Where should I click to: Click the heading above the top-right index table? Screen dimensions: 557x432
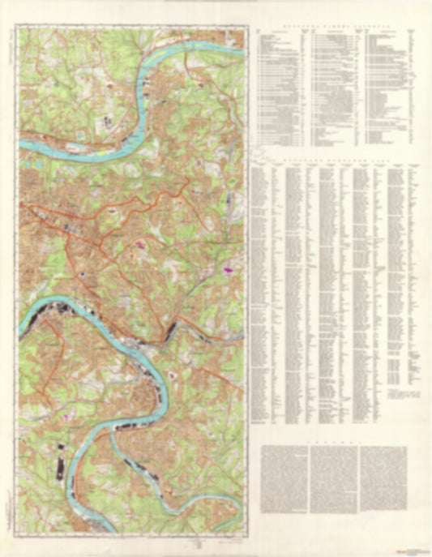coord(335,26)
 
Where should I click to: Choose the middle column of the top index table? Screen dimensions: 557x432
coord(332,81)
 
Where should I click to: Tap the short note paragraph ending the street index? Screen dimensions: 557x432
coord(400,396)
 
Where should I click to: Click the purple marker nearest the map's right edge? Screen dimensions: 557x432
coord(229,264)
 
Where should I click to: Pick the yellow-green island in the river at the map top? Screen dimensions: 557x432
coord(180,50)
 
